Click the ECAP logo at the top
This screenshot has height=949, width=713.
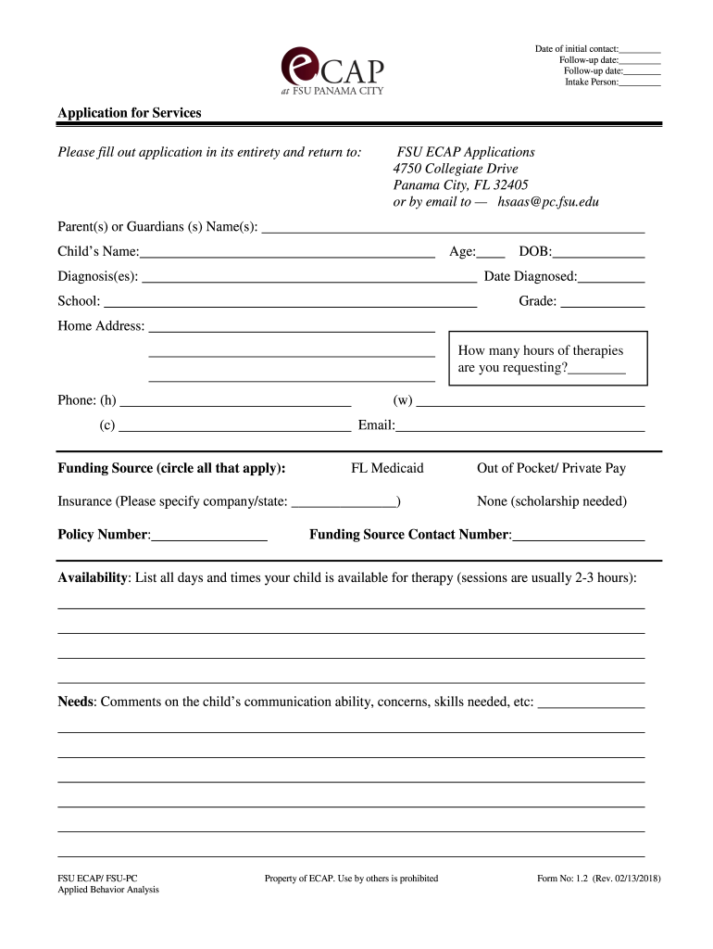click(x=331, y=71)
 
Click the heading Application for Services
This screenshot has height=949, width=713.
click(x=130, y=113)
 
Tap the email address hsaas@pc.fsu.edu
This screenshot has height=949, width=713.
click(x=548, y=201)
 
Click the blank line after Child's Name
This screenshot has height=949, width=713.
click(x=287, y=253)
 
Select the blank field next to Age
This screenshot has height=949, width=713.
click(x=492, y=253)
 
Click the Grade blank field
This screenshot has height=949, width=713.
click(x=603, y=302)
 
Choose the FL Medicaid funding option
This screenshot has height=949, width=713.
click(x=387, y=468)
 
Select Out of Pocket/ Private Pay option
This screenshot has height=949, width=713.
click(x=551, y=468)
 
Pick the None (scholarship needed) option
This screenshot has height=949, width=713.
click(x=551, y=501)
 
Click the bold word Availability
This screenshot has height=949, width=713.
click(x=93, y=577)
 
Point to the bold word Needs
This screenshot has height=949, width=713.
click(x=76, y=702)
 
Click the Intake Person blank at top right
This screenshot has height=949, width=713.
click(x=640, y=83)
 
